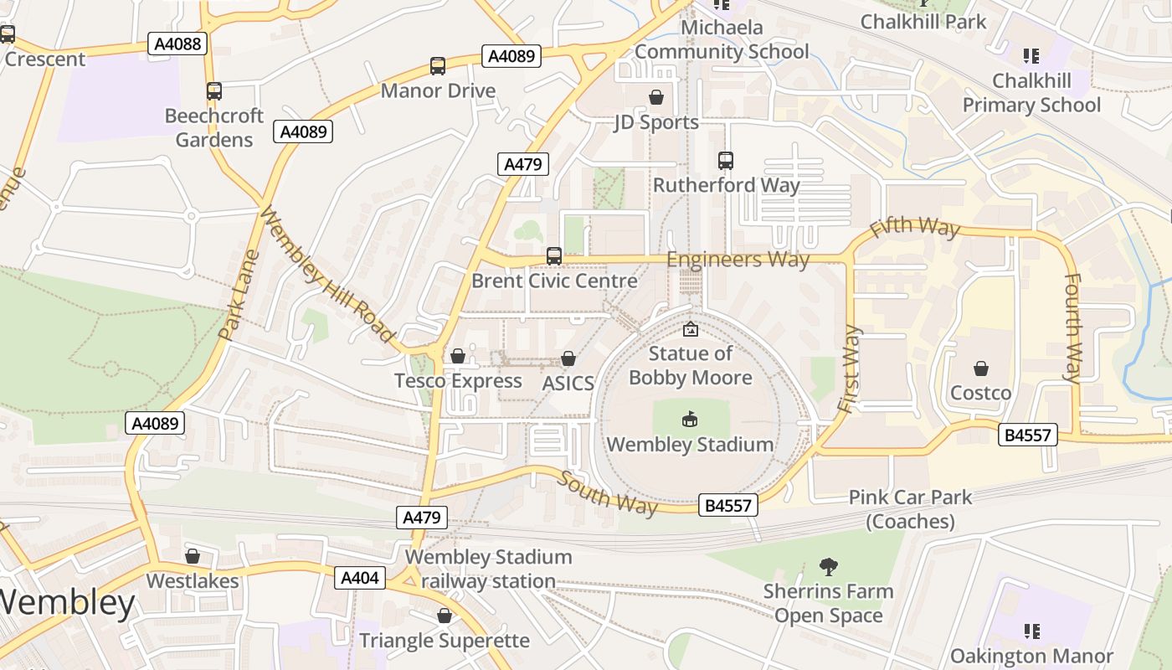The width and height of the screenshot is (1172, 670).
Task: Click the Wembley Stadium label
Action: pos(690,445)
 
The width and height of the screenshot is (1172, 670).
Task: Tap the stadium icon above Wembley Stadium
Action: pos(690,420)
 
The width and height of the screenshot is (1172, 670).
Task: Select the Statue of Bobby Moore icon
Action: pos(691,329)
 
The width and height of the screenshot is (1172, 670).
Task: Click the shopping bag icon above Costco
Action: pos(980,368)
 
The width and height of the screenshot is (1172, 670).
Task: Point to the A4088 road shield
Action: pos(177,44)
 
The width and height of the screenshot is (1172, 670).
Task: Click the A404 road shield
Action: pos(360,578)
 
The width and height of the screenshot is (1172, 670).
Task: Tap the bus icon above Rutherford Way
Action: pos(726,160)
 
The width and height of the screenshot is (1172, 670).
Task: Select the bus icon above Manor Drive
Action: pos(437,66)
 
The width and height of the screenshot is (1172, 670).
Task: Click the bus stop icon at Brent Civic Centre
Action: pos(554,256)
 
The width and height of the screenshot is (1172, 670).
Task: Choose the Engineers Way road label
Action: pos(738,260)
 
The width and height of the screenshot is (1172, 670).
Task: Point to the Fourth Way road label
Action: pos(1072,327)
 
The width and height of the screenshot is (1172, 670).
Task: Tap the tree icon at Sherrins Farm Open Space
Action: pos(828,567)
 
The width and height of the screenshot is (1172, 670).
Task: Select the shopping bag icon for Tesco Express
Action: pos(458,357)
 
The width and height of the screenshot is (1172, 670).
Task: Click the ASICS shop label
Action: pos(568,384)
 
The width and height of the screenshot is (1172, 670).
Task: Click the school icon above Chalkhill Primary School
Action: pos(1031,56)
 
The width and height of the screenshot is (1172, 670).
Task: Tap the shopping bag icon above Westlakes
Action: pos(193,556)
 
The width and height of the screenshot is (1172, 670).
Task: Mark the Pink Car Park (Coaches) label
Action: pos(910,509)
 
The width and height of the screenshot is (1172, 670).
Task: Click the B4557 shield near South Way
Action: pos(728,505)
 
